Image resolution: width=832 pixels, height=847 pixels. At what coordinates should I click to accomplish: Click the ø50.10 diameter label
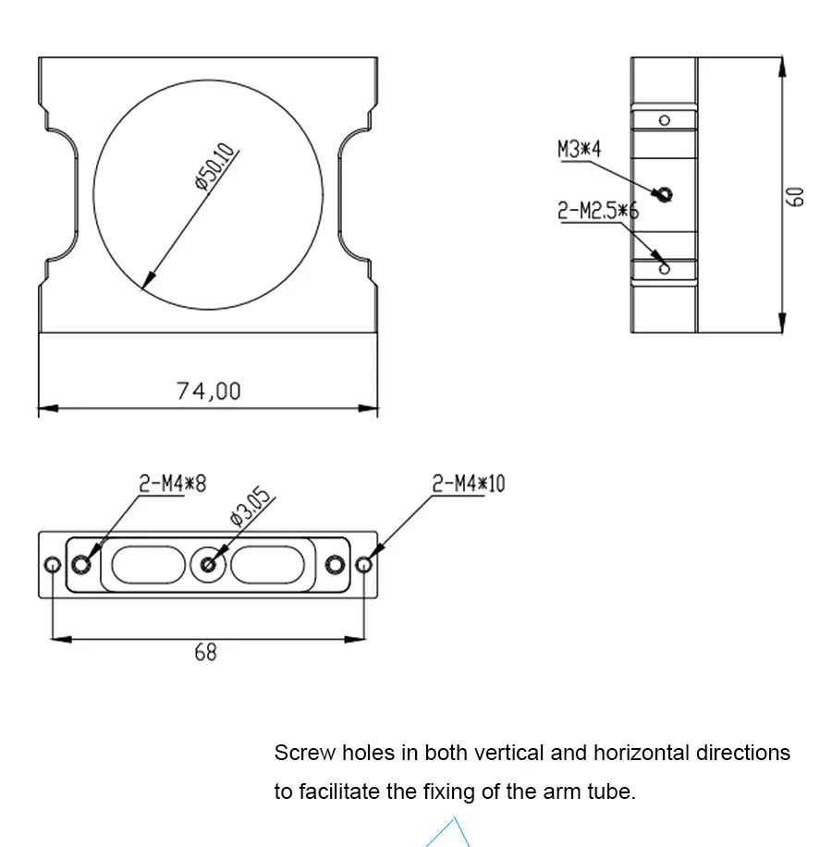click(215, 166)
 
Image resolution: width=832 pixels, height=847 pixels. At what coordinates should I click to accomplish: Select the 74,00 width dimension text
click(208, 391)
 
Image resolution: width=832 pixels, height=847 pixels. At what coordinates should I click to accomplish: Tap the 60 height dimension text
click(795, 197)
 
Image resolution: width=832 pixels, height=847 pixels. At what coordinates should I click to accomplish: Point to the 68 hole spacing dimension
click(206, 653)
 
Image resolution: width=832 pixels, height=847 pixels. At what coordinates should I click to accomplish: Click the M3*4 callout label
click(579, 149)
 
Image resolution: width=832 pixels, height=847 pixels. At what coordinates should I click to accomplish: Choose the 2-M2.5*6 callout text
click(598, 210)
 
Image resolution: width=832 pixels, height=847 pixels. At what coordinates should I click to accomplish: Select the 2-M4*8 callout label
click(172, 484)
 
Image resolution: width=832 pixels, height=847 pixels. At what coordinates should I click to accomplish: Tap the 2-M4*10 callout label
click(469, 484)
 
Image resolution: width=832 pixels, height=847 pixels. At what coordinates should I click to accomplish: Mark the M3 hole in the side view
click(664, 194)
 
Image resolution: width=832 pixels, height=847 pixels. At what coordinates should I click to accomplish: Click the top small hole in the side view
click(665, 120)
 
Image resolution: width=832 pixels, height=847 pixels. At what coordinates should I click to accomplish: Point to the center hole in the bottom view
click(208, 565)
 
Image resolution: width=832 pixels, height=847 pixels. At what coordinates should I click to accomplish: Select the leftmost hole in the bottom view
click(53, 565)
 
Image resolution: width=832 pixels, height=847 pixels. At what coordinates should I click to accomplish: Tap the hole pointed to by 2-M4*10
click(364, 565)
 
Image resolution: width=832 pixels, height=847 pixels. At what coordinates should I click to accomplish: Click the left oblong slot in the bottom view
click(149, 565)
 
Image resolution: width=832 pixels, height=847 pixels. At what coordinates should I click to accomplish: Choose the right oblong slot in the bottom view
click(268, 565)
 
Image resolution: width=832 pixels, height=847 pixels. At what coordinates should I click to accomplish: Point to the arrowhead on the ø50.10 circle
click(148, 281)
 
